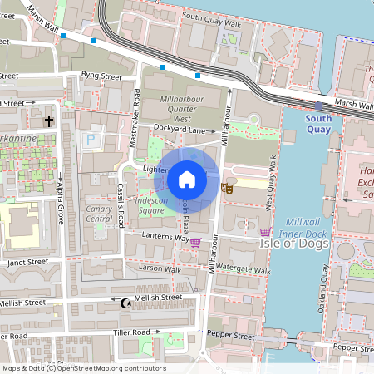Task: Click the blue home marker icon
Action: pos(187,180)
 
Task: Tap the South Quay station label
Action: pos(318,124)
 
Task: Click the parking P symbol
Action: pos(90,140)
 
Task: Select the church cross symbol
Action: pos(49,121)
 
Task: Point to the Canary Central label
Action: pos(99,214)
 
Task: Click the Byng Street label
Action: pos(101,76)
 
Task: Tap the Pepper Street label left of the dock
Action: pos(232,337)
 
